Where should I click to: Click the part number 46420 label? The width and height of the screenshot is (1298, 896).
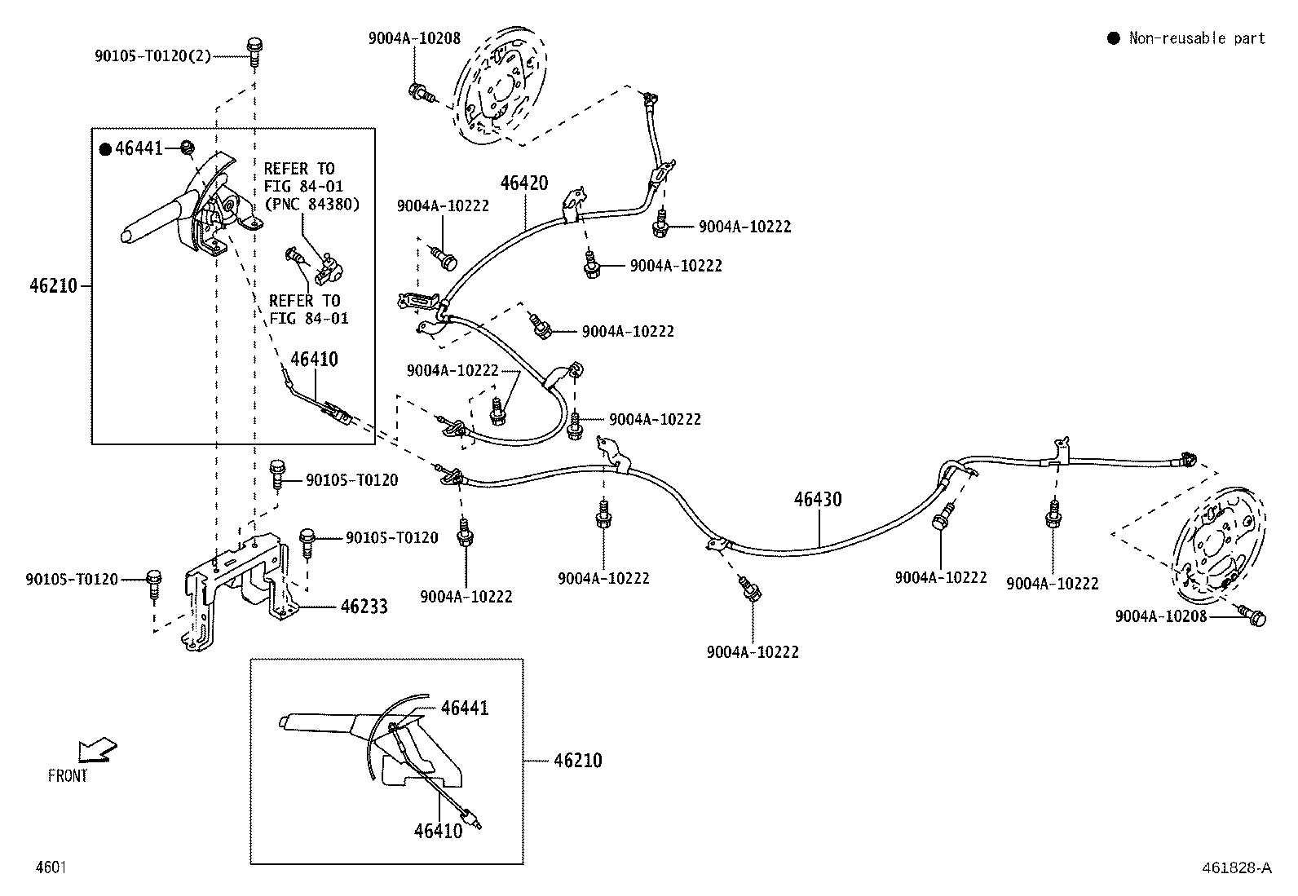coord(523,183)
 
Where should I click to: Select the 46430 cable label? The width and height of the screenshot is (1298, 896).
coord(818,499)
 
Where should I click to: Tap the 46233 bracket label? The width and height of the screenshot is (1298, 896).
coord(364,607)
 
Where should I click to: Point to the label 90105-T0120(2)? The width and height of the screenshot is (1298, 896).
coord(152,55)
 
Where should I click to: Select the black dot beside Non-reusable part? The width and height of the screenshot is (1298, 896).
coord(1113,38)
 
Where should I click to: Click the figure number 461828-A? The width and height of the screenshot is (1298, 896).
coord(1236,868)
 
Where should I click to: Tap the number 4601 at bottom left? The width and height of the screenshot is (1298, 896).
coord(51,867)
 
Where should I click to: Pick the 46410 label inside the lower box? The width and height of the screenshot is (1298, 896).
coord(438,831)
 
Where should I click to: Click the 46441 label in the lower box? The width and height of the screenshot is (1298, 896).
coord(464,708)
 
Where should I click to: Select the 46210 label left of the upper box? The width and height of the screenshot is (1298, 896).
coord(53,286)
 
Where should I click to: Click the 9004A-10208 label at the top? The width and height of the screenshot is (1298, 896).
coord(414,38)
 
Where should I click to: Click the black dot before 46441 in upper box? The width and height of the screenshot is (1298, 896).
coord(105,148)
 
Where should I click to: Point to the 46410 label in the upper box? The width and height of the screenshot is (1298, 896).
coord(314,359)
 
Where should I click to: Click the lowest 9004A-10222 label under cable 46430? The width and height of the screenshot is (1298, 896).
coord(753,652)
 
